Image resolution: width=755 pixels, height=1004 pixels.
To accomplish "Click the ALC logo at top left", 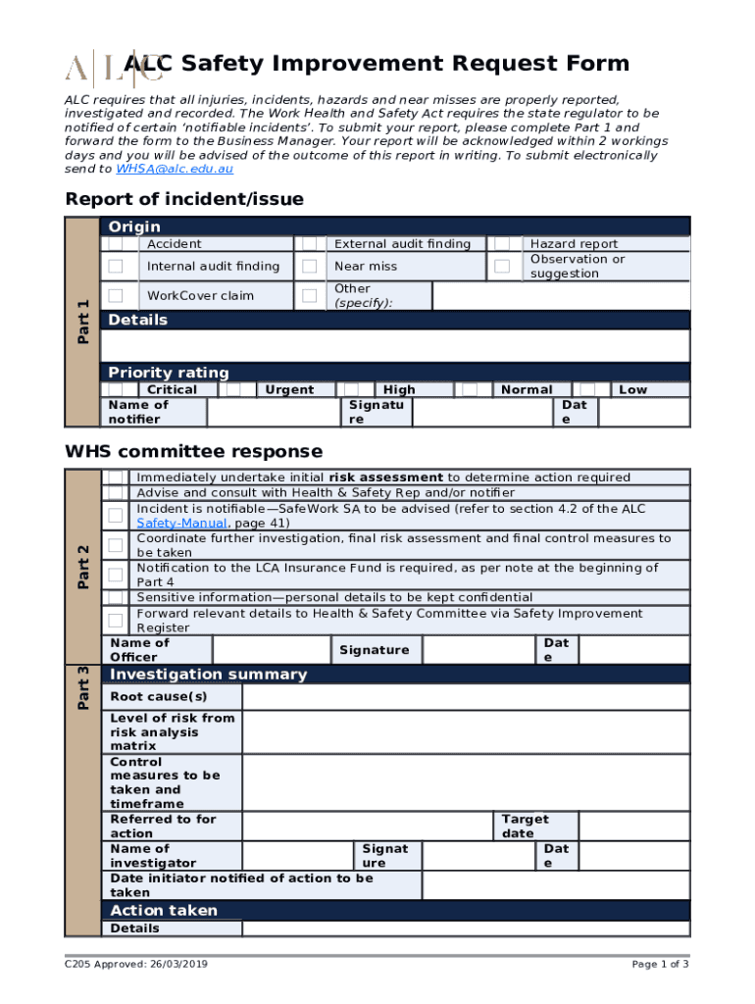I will click(99, 67).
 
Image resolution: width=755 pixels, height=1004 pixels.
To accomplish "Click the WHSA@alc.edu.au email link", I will click(175, 170).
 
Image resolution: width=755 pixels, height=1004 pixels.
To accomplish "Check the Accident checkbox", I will click(116, 244).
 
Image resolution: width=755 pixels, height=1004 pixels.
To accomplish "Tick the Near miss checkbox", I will click(310, 266).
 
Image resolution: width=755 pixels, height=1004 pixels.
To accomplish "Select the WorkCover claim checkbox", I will click(116, 295).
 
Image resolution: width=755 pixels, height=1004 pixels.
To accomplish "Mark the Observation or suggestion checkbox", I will click(502, 266).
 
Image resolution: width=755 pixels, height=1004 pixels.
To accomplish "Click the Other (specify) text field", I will click(561, 296).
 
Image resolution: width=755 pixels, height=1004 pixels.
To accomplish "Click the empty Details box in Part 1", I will click(395, 346).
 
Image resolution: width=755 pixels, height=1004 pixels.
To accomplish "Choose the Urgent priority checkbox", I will click(233, 389).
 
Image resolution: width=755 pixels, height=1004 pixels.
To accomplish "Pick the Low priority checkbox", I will click(588, 389).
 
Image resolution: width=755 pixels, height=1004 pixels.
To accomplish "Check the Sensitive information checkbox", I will click(116, 597).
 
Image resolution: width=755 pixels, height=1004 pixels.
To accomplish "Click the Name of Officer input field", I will click(270, 650).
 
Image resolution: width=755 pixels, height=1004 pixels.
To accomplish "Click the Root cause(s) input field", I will click(466, 697).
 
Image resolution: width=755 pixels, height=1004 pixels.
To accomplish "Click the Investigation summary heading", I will click(208, 675).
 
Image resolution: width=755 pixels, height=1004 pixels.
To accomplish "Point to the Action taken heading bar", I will click(395, 910).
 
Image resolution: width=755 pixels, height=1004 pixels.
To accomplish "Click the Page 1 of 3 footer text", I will click(660, 965).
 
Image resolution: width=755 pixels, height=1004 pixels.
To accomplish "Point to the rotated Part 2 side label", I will click(83, 567).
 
